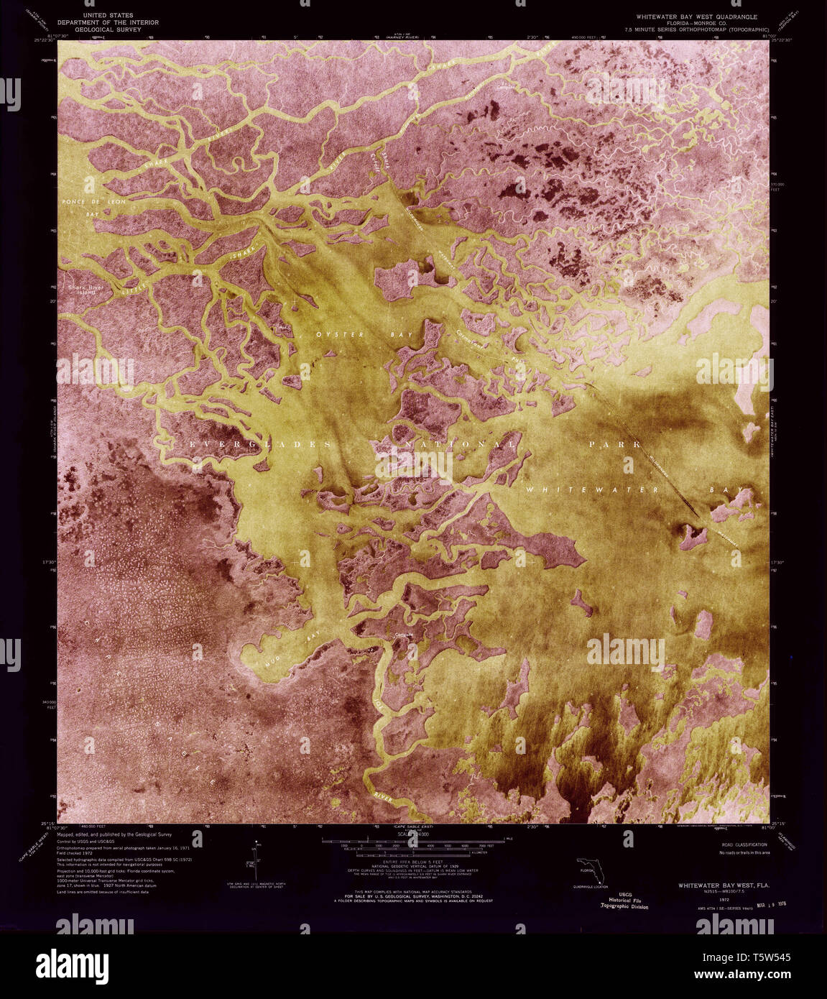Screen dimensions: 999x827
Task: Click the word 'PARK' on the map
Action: point(614,445)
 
